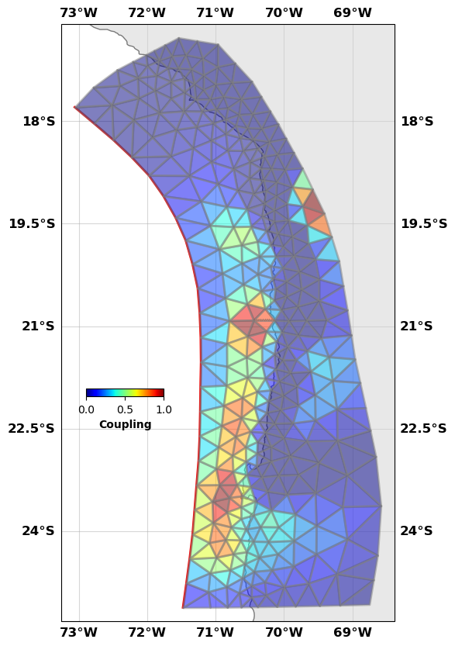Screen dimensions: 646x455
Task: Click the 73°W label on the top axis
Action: point(78,12)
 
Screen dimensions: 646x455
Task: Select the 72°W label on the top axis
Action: point(146,12)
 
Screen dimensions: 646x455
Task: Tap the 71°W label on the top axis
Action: point(215,12)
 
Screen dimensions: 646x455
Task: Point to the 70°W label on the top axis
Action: point(284,12)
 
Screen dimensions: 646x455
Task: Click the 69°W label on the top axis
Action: point(352,12)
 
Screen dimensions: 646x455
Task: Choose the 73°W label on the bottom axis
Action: point(78,632)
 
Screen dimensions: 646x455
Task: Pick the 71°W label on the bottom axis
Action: point(215,632)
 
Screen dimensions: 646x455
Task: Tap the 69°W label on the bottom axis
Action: point(352,632)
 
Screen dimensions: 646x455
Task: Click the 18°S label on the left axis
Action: point(38,121)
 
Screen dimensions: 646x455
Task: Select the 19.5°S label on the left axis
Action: point(31,224)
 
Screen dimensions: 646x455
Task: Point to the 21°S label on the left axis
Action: point(38,326)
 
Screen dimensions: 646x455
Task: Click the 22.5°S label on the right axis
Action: point(424,429)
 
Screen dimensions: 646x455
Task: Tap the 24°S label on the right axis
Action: point(417,531)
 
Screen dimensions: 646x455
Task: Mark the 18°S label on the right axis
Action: point(417,121)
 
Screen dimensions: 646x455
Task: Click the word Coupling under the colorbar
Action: point(125,424)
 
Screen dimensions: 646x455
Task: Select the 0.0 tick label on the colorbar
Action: point(86,409)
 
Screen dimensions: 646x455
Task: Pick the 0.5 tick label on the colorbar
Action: point(125,409)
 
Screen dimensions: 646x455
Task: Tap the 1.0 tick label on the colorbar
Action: point(164,409)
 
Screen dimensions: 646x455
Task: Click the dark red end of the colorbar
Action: point(161,393)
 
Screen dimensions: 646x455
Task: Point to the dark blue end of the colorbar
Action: point(88,393)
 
